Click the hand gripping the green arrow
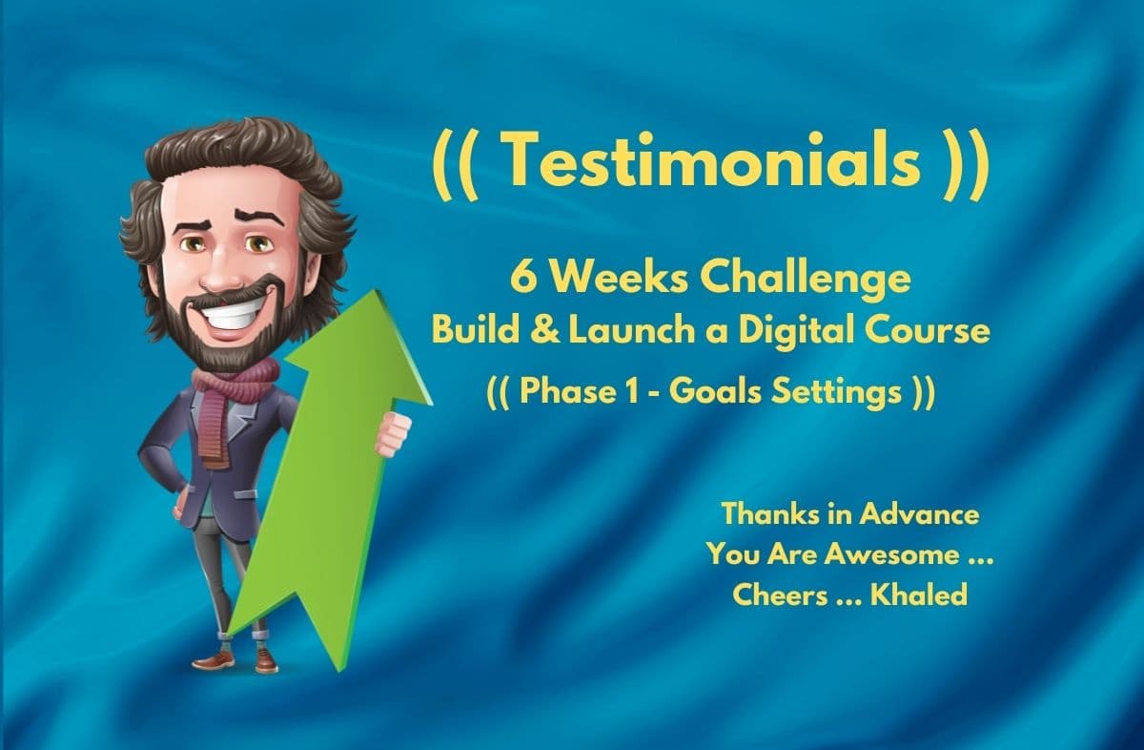pos(391,434)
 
